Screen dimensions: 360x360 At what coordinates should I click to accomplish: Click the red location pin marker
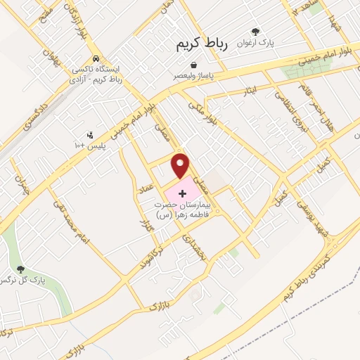click(181, 166)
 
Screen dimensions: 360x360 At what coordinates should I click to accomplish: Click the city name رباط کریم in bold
click(203, 44)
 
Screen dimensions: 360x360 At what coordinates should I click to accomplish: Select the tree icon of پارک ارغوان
click(255, 32)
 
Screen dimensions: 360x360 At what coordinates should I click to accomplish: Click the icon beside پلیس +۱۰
click(89, 134)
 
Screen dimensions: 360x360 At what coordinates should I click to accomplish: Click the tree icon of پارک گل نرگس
click(20, 269)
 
